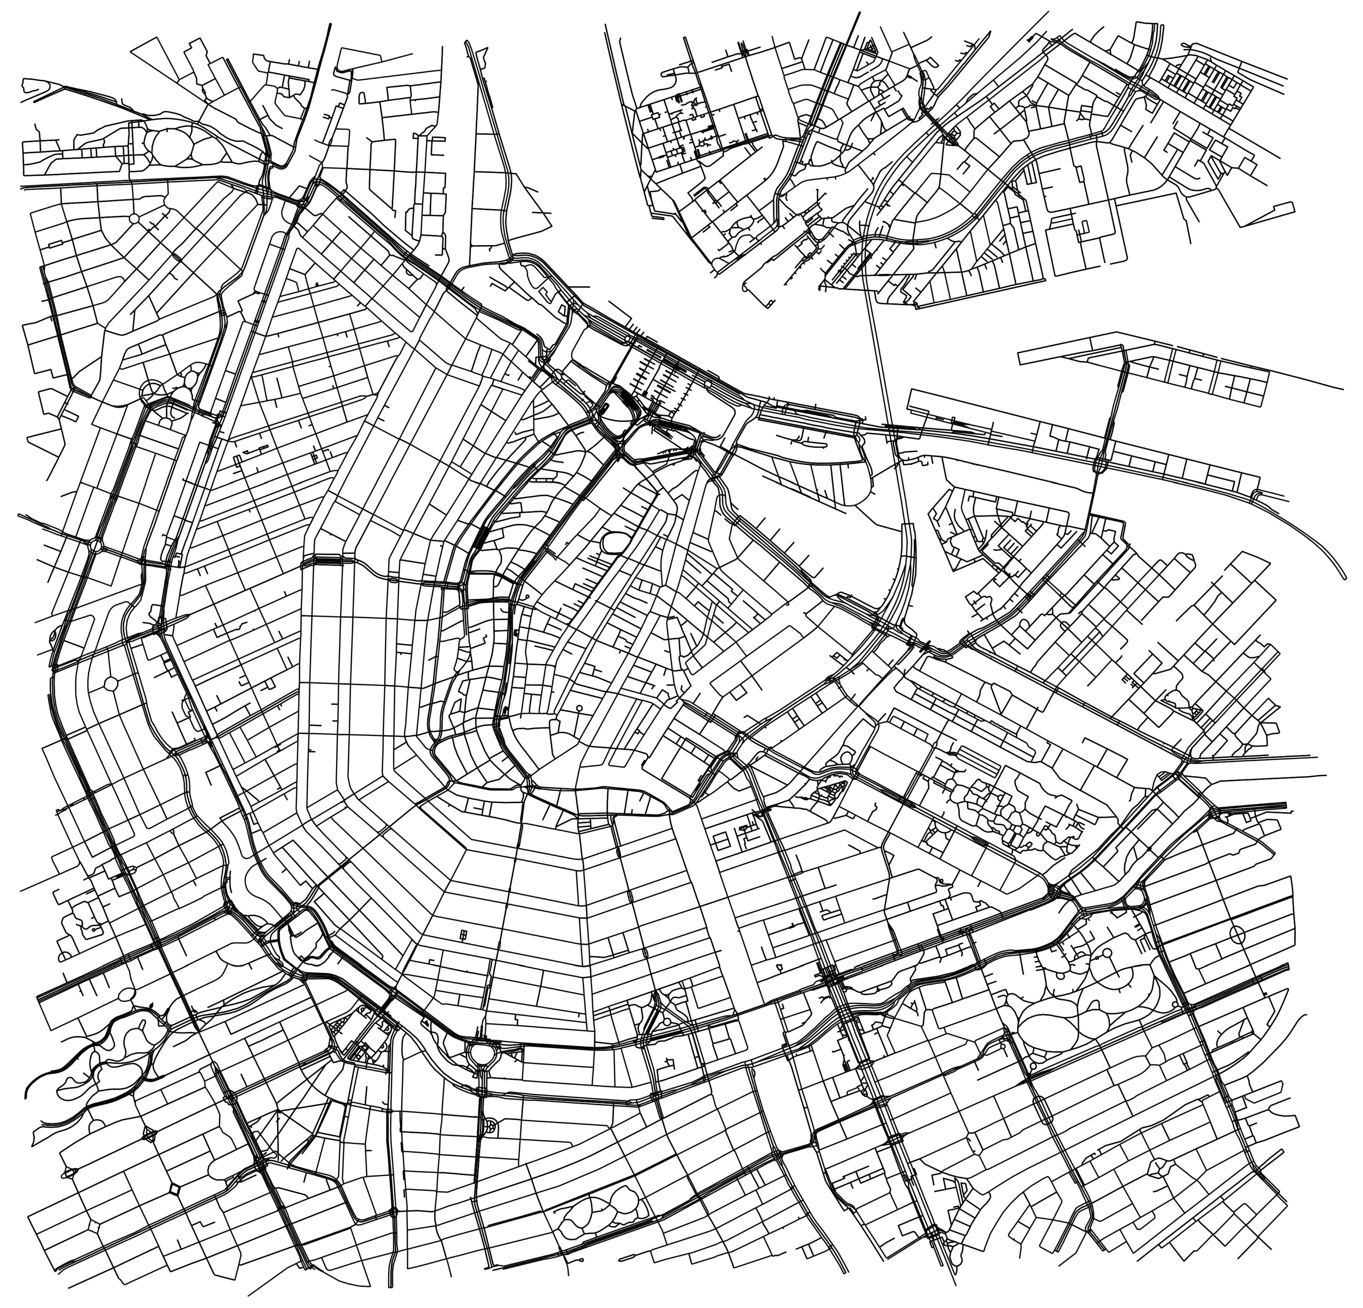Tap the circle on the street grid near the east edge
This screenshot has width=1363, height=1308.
coord(1237,934)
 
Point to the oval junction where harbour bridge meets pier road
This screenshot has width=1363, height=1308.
coord(1101,462)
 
